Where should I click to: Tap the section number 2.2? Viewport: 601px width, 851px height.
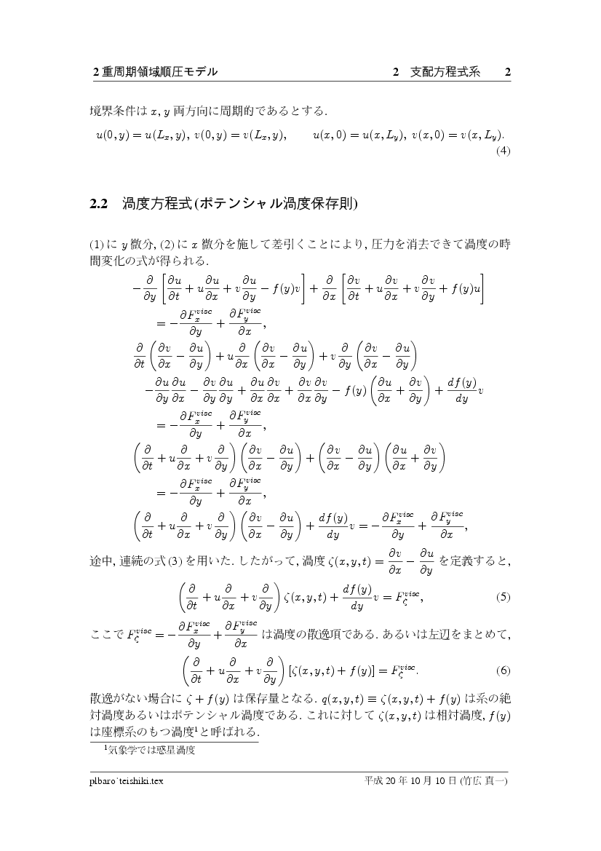tap(99, 203)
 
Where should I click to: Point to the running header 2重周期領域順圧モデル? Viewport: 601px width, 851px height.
tap(156, 72)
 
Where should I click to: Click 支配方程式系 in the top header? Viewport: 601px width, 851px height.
tap(445, 72)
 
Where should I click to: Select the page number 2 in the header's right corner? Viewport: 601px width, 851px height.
tap(508, 72)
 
